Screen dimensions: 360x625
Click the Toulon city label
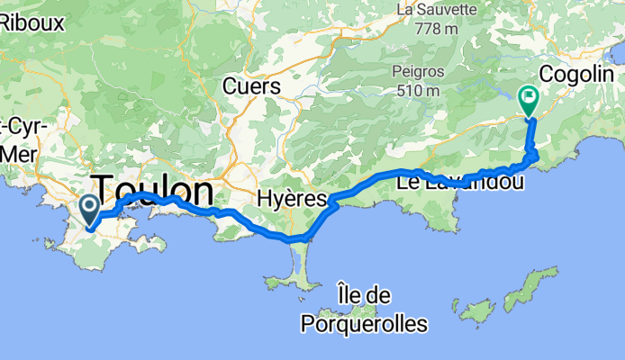coord(155,192)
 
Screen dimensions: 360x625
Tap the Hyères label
coord(284,197)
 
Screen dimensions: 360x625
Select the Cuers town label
coord(252,86)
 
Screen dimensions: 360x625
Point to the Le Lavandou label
coord(448,184)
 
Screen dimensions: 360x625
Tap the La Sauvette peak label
coord(437,10)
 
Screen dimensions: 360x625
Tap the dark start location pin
coord(90,210)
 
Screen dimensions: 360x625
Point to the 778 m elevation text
coord(437,29)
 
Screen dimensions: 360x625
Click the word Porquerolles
coord(365,320)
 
